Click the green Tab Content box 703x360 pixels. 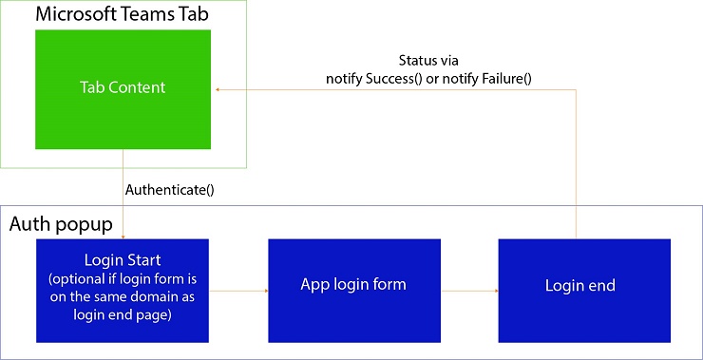[x=123, y=88]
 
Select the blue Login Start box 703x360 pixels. [x=123, y=290]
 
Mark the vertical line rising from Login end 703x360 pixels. [x=576, y=161]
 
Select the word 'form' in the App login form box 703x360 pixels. [x=389, y=284]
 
